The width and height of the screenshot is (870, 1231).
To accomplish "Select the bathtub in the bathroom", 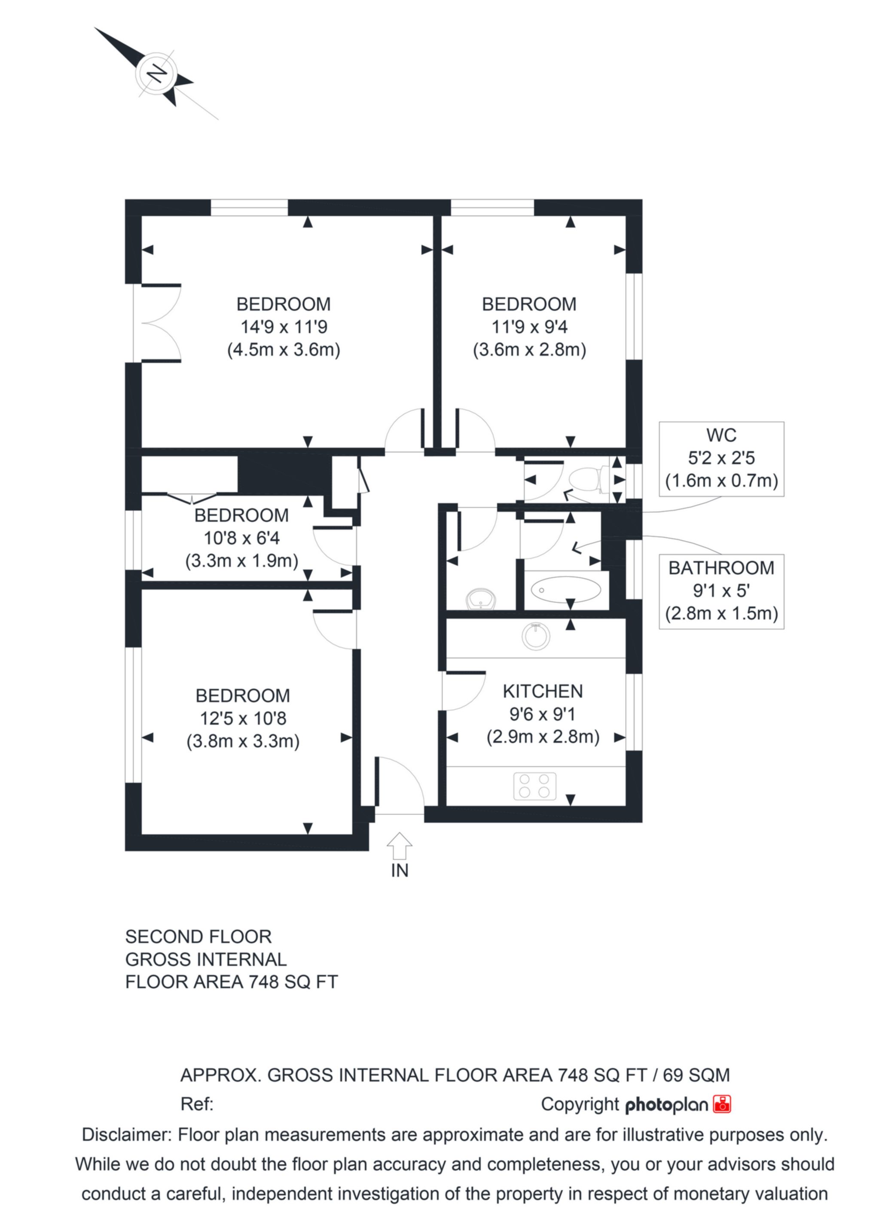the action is click(565, 590).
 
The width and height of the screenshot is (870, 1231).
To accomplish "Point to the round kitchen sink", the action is click(535, 637).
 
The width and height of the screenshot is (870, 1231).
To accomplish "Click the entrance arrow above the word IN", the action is click(400, 847).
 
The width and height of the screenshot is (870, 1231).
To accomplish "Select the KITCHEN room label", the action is click(543, 692).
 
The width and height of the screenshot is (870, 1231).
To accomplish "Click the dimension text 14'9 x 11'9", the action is click(284, 327).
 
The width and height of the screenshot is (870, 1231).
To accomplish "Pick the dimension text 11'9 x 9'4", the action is click(530, 327).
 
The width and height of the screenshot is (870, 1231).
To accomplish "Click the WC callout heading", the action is click(721, 435).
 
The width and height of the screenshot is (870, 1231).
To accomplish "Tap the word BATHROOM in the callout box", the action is click(721, 568).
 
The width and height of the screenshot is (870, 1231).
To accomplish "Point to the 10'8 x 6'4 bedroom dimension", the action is click(242, 538).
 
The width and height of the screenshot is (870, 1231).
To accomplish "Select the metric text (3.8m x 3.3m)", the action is click(243, 741).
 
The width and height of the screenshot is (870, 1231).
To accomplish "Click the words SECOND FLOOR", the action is click(198, 937).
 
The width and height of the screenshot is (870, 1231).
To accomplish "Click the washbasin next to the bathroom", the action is click(481, 599).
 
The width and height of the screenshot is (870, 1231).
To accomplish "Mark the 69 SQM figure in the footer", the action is click(696, 1075).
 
